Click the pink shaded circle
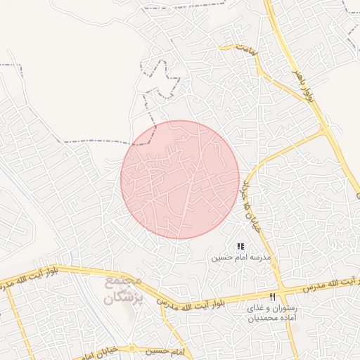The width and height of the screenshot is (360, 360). (180, 179)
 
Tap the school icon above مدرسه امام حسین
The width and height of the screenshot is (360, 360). (240, 247)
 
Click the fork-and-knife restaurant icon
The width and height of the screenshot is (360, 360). (273, 297)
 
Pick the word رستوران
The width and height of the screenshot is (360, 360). (285, 308)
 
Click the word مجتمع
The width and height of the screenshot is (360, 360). (123, 281)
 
